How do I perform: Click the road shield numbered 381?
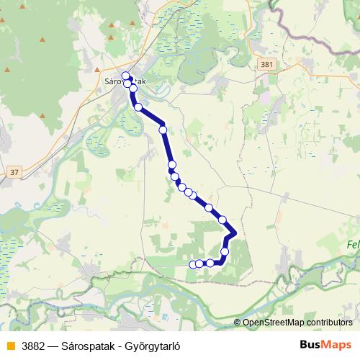pyautogui.click(x=267, y=65)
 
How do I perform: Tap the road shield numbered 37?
pyautogui.click(x=14, y=172)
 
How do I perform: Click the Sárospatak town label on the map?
pyautogui.click(x=125, y=82)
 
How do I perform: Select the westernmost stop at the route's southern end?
pyautogui.click(x=193, y=265)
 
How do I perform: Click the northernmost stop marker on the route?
pyautogui.click(x=125, y=76)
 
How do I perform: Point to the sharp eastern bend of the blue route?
pyautogui.click(x=235, y=233)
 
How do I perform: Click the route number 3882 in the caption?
pyautogui.click(x=35, y=346)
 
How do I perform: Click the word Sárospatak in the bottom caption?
pyautogui.click(x=91, y=346)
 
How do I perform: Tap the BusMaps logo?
pyautogui.click(x=325, y=345)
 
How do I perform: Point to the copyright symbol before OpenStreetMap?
pyautogui.click(x=238, y=323)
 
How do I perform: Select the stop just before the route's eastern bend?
pyautogui.click(x=222, y=220)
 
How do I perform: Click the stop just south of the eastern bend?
pyautogui.click(x=225, y=251)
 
